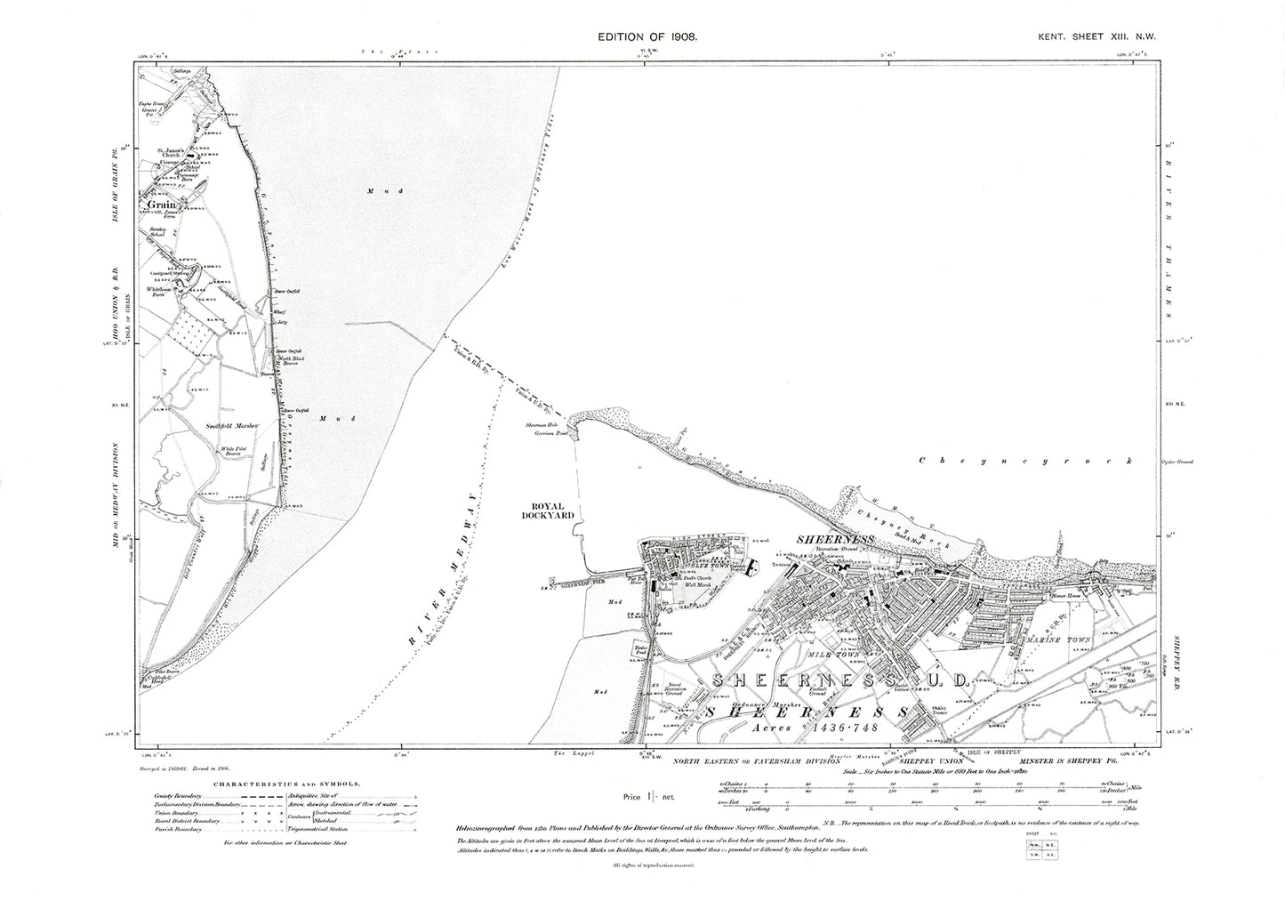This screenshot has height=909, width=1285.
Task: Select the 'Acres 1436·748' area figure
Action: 810,727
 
